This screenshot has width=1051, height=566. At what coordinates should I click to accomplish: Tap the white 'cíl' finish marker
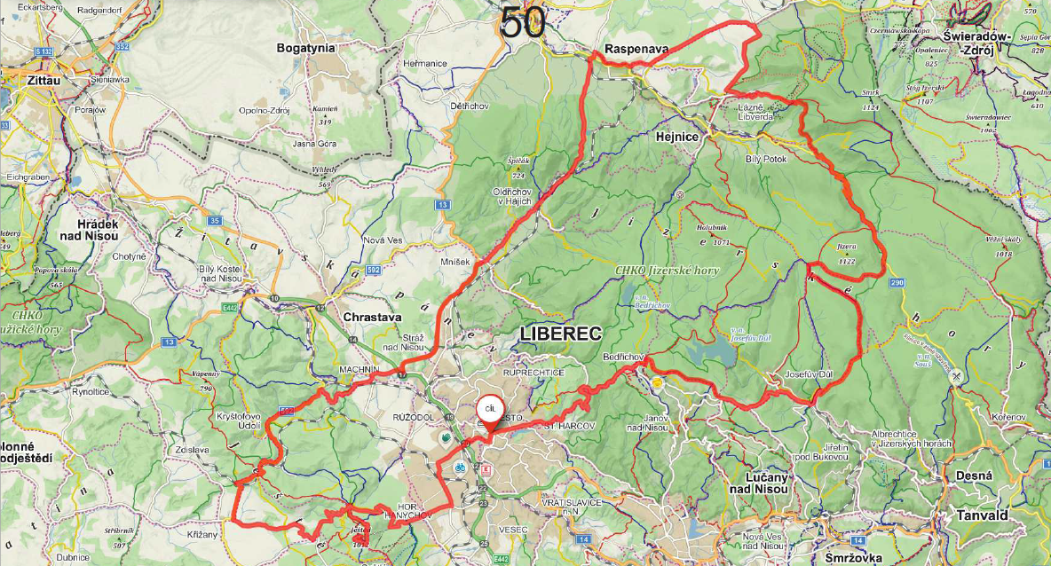click(x=488, y=410)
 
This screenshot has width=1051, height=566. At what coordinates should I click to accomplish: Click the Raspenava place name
click(x=636, y=49)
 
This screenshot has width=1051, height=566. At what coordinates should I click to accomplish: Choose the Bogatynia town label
click(x=308, y=47)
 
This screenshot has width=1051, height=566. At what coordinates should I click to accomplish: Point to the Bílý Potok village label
click(x=766, y=158)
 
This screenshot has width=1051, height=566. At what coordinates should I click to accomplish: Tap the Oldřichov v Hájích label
click(x=511, y=196)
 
